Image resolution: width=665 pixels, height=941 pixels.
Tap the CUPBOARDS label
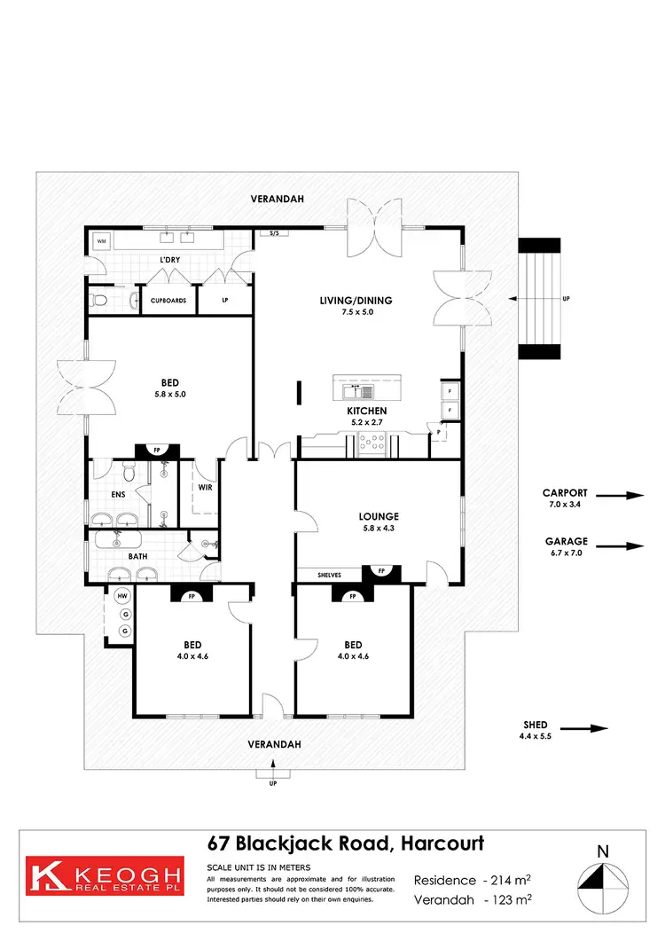(x=167, y=301)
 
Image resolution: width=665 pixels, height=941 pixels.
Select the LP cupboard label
(x=224, y=301)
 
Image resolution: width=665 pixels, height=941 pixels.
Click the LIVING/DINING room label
(x=356, y=301)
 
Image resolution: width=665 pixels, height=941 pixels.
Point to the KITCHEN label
(x=366, y=412)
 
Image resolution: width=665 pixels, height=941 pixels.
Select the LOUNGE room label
(x=379, y=516)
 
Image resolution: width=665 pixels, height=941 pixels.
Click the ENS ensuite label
(x=118, y=496)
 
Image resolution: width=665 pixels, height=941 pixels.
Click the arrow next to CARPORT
(x=625, y=496)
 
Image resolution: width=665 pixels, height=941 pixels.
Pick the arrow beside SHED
(x=586, y=729)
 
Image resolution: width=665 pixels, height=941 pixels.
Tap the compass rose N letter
(x=602, y=852)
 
